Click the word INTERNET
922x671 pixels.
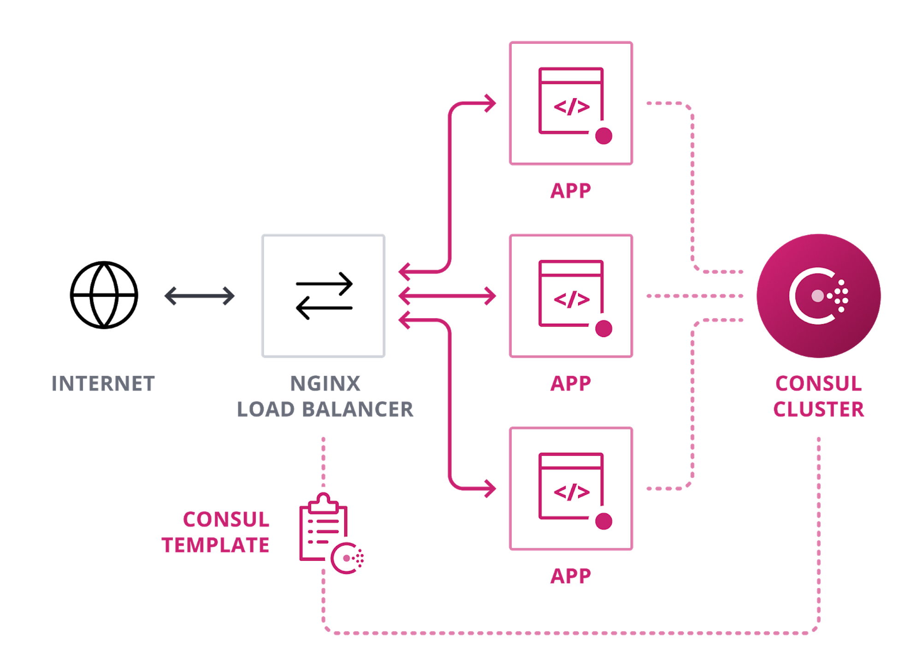pyautogui.click(x=103, y=384)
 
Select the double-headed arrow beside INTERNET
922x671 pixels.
pyautogui.click(x=200, y=296)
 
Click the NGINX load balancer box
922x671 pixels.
pyautogui.click(x=323, y=296)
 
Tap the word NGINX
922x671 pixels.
pyautogui.click(x=325, y=384)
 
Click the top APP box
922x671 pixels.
pyautogui.click(x=571, y=103)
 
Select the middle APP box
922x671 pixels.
pyautogui.click(x=571, y=296)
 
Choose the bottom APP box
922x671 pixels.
pyautogui.click(x=571, y=488)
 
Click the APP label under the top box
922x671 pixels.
pyautogui.click(x=571, y=191)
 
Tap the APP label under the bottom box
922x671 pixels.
pyautogui.click(x=571, y=576)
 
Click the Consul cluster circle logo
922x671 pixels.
pyautogui.click(x=819, y=296)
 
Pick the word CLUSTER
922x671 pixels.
pyautogui.click(x=819, y=410)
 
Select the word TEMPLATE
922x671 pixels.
pyautogui.click(x=215, y=545)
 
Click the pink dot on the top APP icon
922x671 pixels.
pyautogui.click(x=603, y=136)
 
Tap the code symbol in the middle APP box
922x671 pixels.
pyautogui.click(x=572, y=300)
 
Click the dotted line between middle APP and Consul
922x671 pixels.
pyautogui.click(x=694, y=296)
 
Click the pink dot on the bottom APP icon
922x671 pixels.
pyautogui.click(x=603, y=521)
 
